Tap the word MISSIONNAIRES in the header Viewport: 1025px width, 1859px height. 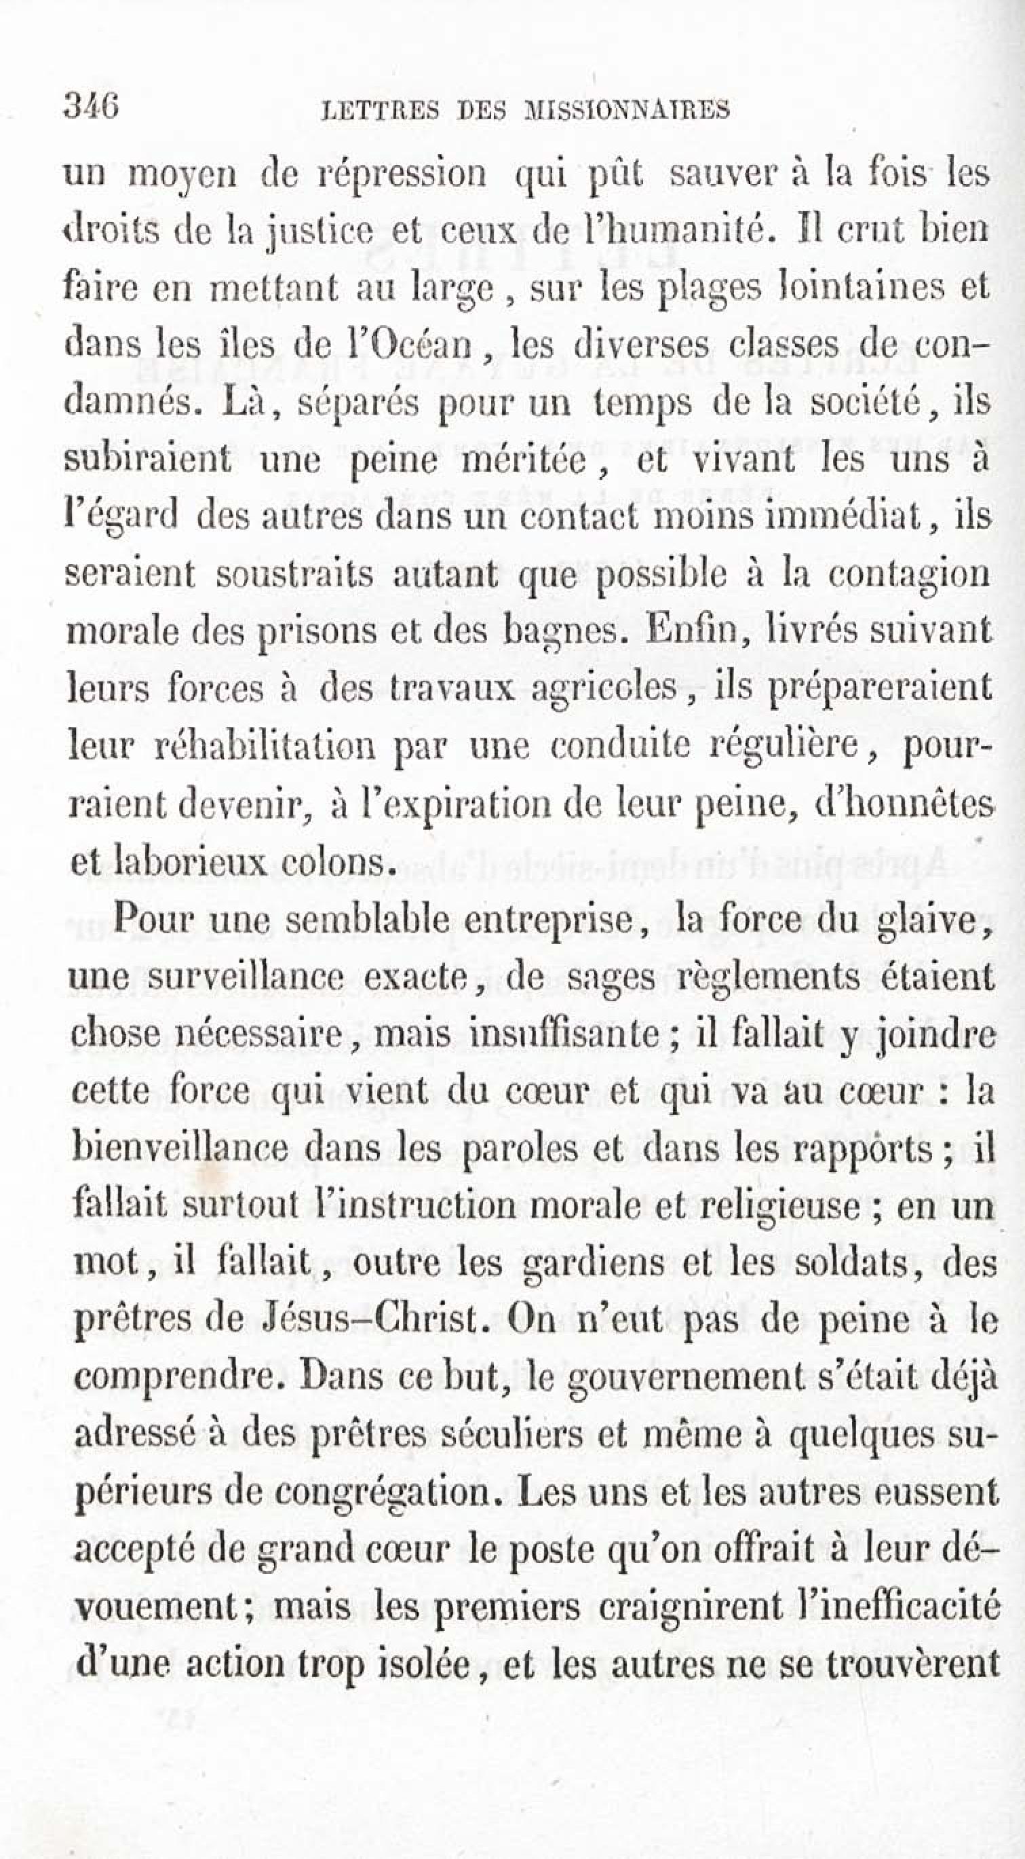pos(627,110)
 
